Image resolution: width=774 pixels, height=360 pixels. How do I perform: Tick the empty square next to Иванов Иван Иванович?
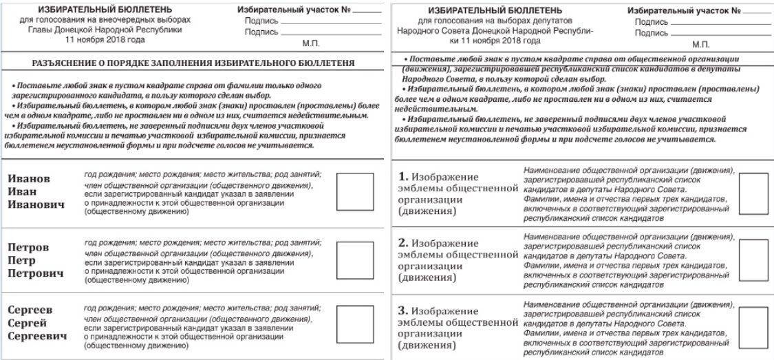tap(354, 192)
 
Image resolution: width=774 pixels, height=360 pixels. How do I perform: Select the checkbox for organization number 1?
tap(753, 194)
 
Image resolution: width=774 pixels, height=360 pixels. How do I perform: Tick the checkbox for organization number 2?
tap(753, 260)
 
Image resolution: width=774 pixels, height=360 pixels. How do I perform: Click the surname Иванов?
tap(29, 178)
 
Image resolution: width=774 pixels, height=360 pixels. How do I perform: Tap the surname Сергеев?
tap(30, 310)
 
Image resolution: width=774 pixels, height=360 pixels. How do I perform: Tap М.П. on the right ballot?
tap(701, 43)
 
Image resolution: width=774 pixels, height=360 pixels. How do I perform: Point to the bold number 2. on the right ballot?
tap(405, 244)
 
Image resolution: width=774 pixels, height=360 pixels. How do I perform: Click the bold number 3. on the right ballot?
tap(405, 310)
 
